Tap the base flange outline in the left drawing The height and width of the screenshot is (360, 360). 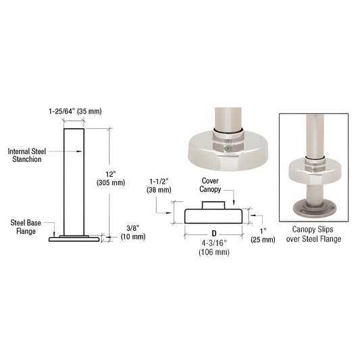(x=76, y=238)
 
